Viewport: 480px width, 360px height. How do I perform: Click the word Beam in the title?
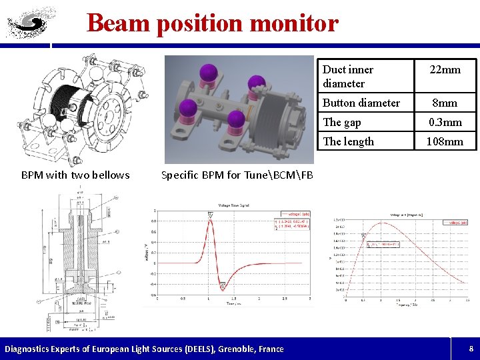[x=118, y=23]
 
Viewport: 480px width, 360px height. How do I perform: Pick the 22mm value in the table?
[x=445, y=70]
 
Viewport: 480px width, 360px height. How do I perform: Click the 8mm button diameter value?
[x=445, y=103]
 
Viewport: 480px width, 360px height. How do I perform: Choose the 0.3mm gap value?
[x=445, y=122]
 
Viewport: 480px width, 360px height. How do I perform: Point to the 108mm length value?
[x=445, y=141]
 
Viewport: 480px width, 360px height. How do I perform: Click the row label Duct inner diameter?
[x=347, y=76]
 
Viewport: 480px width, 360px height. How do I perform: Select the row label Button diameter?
[x=361, y=103]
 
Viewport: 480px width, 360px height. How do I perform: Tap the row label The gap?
[x=341, y=122]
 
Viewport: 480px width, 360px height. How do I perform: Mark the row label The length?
[x=348, y=141]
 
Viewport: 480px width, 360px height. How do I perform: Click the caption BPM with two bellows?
[x=75, y=175]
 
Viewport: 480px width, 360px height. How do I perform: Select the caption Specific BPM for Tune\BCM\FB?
[x=237, y=175]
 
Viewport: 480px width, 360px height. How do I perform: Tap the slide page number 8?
[x=471, y=348]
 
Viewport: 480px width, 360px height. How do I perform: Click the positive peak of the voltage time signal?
[x=211, y=219]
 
